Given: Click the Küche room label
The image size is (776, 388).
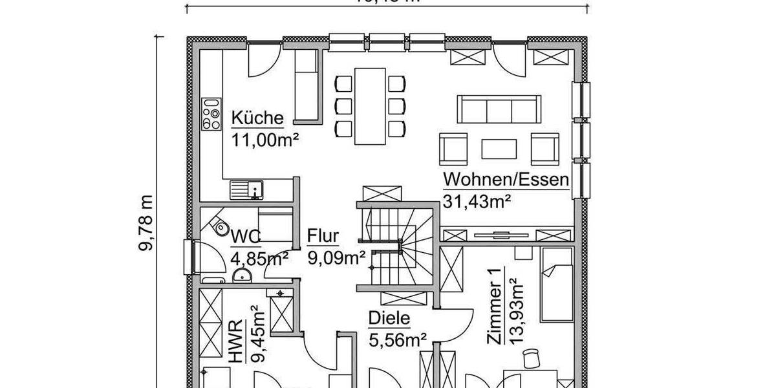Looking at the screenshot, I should tap(257, 118).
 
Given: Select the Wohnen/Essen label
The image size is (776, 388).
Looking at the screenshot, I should tap(506, 180).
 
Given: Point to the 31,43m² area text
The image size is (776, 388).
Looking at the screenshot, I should tap(477, 200).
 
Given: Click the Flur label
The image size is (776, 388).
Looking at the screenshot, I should tap(323, 235).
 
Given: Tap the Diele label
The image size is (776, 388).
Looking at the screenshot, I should tap(389, 318).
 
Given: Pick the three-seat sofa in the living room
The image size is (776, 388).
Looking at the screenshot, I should tap(499, 108).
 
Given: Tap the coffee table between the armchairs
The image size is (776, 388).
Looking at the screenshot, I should tap(499, 149).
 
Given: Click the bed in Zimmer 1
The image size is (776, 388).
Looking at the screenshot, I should tap(557, 285).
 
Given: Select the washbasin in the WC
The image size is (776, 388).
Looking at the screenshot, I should tap(242, 277).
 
